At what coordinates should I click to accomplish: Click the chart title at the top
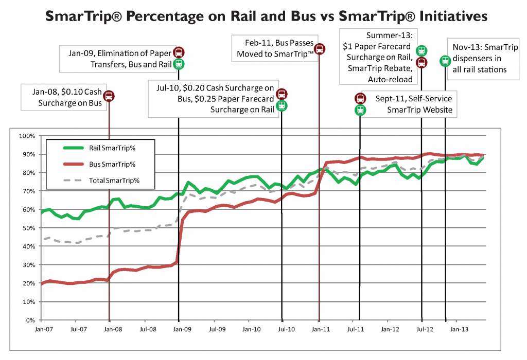[266, 16]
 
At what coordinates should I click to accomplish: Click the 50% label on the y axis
[28, 228]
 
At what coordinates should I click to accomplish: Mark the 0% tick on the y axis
[29, 320]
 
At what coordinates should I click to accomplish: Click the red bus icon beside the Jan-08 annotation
[109, 96]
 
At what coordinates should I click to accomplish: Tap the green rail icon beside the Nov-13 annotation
[445, 61]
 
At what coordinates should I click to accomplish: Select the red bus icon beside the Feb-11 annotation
[319, 49]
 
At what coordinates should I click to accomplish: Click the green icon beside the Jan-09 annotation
[178, 64]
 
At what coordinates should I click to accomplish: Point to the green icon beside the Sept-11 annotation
[360, 110]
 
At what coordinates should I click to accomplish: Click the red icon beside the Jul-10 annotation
[281, 94]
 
